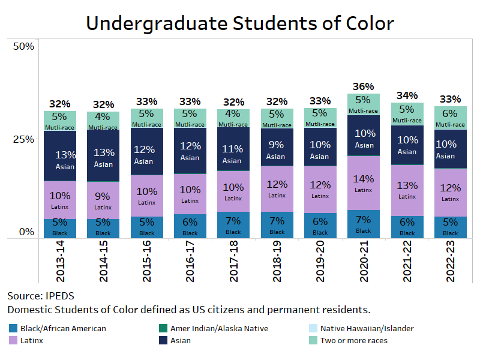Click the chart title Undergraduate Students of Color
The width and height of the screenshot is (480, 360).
click(x=240, y=23)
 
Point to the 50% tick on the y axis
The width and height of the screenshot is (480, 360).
click(x=24, y=46)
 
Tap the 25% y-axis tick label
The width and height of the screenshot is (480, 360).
click(x=24, y=139)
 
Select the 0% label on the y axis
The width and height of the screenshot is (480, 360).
click(x=26, y=232)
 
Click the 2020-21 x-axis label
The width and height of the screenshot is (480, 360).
click(x=364, y=262)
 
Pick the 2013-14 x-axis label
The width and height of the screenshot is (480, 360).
click(x=60, y=262)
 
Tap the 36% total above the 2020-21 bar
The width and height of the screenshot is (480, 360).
click(x=364, y=86)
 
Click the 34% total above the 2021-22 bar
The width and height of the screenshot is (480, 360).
click(x=407, y=95)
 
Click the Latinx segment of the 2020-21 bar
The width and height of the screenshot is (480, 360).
click(x=364, y=183)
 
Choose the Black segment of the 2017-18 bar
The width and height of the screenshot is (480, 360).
click(x=233, y=225)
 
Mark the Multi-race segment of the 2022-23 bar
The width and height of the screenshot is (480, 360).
click(x=450, y=118)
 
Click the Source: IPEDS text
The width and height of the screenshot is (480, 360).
click(x=41, y=296)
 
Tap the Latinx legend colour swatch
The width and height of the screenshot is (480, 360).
click(x=13, y=340)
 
